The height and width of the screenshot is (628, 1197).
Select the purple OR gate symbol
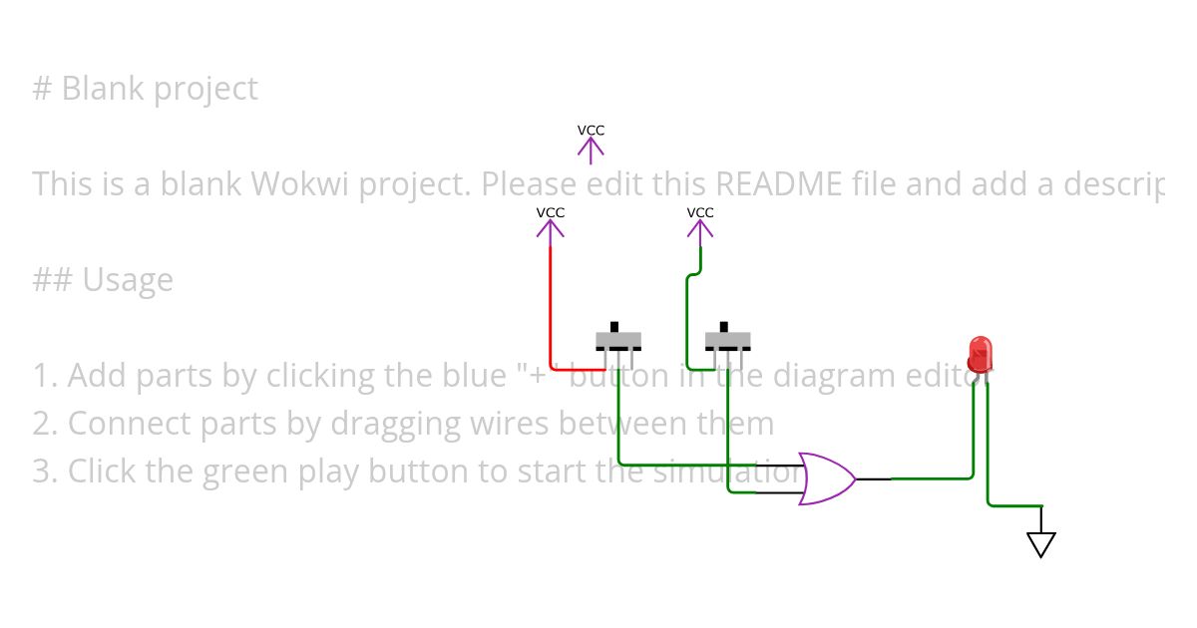(x=826, y=478)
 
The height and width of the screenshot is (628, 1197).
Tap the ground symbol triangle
(x=1040, y=544)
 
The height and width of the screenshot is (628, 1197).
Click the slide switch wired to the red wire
(x=618, y=340)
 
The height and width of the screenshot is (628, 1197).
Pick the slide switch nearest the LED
(x=727, y=340)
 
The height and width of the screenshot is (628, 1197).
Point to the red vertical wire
(x=551, y=299)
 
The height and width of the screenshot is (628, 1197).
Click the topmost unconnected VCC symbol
(x=591, y=145)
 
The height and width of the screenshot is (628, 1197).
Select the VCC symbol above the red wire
(x=550, y=224)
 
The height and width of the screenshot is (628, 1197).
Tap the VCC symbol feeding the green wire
(x=700, y=224)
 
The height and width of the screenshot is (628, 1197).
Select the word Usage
(x=127, y=280)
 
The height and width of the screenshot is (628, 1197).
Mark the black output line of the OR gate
(x=874, y=478)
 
